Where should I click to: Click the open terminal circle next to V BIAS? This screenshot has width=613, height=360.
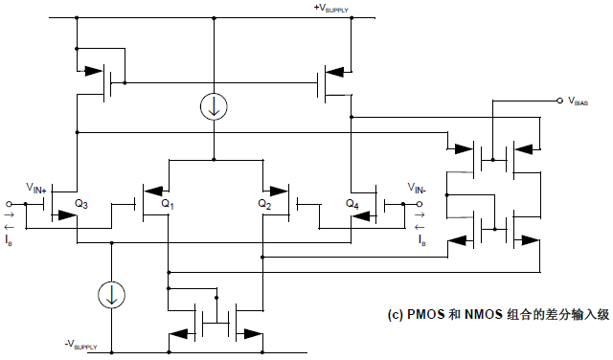[559, 100]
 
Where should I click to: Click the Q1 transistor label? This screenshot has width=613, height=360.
[169, 204]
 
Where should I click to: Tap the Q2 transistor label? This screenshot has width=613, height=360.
[264, 204]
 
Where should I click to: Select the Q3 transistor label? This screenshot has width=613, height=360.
[82, 204]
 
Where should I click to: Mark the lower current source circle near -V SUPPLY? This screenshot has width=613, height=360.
[112, 295]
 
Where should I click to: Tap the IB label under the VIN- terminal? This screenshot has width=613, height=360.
[421, 241]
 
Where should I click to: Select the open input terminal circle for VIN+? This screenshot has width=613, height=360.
[9, 204]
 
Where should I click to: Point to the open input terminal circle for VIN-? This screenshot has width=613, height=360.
[423, 204]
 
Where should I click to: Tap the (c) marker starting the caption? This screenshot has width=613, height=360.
[394, 314]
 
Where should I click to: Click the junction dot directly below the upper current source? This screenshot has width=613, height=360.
[213, 159]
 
